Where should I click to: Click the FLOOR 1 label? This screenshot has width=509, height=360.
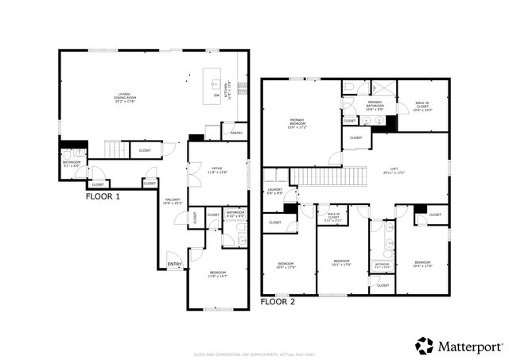103,195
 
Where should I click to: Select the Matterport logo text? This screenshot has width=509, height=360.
469,346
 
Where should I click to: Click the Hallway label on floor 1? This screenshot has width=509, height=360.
173,201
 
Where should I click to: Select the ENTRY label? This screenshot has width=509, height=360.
173,265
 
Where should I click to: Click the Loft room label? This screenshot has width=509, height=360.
394,170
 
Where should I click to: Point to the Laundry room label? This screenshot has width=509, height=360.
274,191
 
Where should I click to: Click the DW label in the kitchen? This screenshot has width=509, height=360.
216,96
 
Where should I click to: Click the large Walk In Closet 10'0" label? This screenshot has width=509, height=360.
422,104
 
